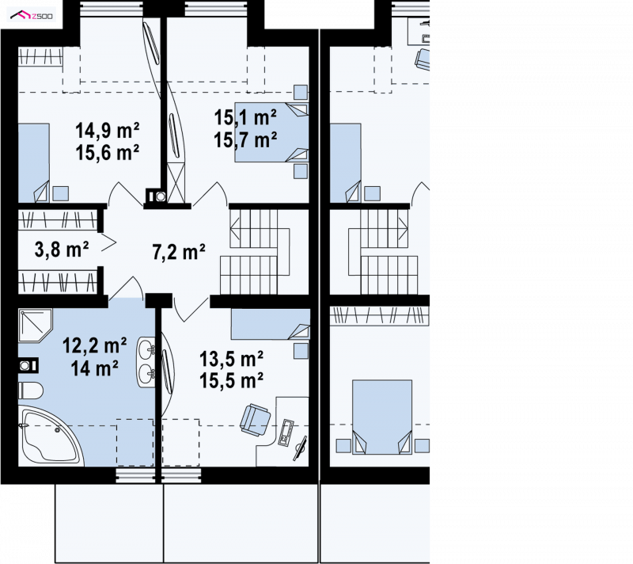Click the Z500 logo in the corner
tap(31, 16)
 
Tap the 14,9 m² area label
tap(108, 131)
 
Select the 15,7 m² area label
tap(245, 140)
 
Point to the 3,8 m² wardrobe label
tap(62, 250)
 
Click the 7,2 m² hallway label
tap(179, 252)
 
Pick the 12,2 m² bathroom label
tap(94, 346)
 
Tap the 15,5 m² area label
tap(231, 380)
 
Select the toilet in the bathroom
tap(30, 391)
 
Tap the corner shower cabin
tap(35, 326)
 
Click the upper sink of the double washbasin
tap(146, 348)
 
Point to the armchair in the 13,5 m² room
tap(255, 420)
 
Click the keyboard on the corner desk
tap(286, 433)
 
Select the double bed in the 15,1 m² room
tap(271, 132)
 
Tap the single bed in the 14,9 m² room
tap(34, 163)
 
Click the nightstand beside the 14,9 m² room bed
tap(60, 193)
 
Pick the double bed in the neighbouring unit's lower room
tap(382, 417)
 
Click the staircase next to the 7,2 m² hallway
tap(255, 252)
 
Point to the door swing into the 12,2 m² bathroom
tap(126, 288)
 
